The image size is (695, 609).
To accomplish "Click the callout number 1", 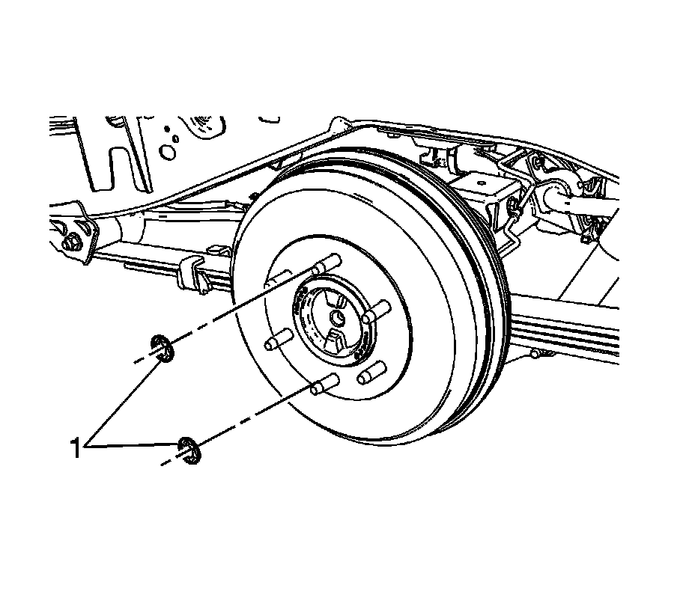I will pos(75,448).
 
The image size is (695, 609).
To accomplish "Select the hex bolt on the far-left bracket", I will pos(73,242).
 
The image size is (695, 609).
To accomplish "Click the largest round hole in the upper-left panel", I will pos(169,152).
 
